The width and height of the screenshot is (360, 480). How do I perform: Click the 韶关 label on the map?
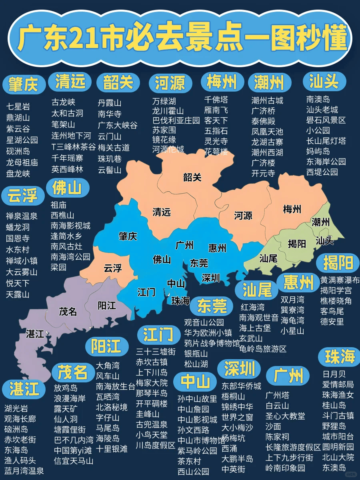point(192,177)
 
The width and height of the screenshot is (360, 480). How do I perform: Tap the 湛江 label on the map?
point(35,334)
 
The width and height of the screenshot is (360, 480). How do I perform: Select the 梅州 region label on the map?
point(292,209)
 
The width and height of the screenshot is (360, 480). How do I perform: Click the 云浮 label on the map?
point(112,268)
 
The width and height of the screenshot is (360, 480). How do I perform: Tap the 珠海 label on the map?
point(180,301)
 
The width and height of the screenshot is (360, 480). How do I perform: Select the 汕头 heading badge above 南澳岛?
point(324,81)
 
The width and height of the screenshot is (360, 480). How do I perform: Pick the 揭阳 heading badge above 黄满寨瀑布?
point(338,263)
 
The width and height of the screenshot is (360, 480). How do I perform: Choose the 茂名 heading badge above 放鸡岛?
point(72,372)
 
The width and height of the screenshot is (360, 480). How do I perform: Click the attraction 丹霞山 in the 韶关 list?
point(110,103)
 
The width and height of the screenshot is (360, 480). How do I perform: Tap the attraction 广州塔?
point(277,395)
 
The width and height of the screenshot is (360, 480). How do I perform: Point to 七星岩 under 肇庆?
point(18,107)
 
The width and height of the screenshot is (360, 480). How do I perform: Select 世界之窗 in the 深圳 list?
point(237,417)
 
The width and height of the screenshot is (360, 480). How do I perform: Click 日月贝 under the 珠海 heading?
point(334,374)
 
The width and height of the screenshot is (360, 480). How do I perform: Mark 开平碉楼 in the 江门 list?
point(152,403)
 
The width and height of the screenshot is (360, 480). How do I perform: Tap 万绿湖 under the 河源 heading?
point(164,101)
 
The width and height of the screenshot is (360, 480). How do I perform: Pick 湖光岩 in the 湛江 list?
point(16,408)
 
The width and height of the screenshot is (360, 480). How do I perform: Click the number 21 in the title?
point(90,38)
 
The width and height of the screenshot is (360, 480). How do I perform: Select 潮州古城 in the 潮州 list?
point(267,100)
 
